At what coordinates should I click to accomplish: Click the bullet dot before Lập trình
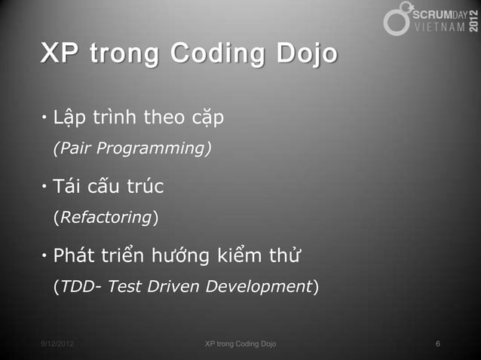[x=44, y=118]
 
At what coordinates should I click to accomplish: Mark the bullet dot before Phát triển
[x=44, y=256]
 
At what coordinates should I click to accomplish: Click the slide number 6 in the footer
[x=438, y=344]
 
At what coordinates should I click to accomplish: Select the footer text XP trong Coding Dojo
[x=240, y=344]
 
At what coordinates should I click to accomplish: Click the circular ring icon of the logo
[x=397, y=20]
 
